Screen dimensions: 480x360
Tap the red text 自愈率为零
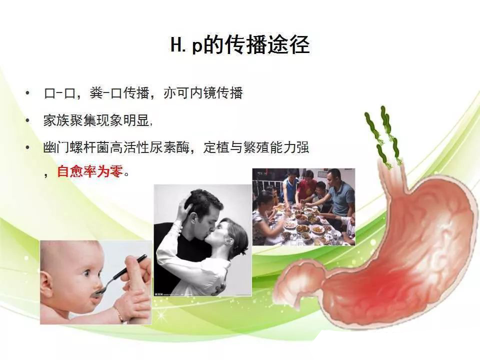point(90,171)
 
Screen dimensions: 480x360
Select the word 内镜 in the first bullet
point(202,93)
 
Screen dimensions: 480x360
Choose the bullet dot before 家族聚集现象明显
point(28,120)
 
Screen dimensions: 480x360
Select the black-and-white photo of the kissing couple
point(202,240)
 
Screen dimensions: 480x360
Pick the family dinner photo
point(303,207)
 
